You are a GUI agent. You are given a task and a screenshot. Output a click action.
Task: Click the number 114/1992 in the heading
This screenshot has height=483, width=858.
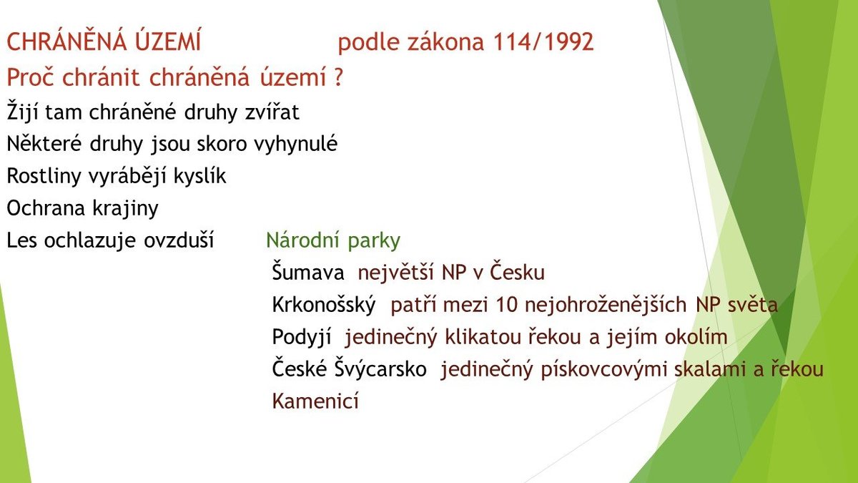[543, 42]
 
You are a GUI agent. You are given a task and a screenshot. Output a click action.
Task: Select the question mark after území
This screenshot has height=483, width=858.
[337, 77]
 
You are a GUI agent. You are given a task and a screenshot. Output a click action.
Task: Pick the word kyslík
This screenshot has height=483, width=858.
[199, 175]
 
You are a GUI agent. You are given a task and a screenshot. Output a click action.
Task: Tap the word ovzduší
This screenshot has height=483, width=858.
[179, 240]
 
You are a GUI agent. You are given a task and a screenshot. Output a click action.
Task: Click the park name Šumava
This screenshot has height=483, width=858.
[308, 272]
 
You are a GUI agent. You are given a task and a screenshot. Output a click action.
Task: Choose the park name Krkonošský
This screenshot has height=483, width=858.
[324, 305]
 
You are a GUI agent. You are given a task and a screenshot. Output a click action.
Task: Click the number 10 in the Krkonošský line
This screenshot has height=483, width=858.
[507, 305]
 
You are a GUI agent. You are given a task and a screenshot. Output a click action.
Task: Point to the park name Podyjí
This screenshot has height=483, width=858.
[302, 337]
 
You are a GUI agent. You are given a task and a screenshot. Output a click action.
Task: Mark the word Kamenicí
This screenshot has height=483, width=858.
[315, 401]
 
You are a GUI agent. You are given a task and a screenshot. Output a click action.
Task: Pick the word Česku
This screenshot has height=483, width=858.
[517, 272]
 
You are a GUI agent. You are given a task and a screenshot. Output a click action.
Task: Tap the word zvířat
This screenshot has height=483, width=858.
[272, 112]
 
